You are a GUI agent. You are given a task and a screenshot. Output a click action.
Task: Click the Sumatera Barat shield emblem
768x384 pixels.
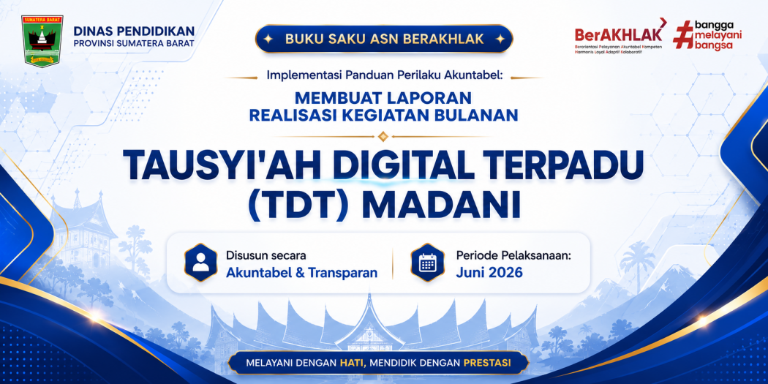(x=42, y=41)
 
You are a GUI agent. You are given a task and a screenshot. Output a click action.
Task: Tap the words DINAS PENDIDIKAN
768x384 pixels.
(x=134, y=31)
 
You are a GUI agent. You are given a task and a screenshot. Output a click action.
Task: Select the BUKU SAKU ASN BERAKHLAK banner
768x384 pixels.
(x=384, y=39)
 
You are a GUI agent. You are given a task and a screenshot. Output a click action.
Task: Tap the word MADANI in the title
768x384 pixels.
(x=444, y=207)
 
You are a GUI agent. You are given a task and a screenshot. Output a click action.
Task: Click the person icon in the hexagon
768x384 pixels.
(x=201, y=263)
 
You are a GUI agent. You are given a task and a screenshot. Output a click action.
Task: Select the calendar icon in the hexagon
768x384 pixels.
(x=427, y=263)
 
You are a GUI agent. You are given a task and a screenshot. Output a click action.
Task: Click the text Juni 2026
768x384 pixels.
(x=489, y=273)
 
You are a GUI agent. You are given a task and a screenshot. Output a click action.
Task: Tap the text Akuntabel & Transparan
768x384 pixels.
(x=301, y=273)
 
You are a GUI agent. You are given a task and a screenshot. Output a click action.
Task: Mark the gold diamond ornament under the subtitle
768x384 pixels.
(x=383, y=135)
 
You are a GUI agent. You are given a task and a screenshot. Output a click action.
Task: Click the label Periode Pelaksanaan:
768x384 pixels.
(x=513, y=256)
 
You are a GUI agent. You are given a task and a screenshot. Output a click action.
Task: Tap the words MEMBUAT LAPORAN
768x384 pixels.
(x=383, y=97)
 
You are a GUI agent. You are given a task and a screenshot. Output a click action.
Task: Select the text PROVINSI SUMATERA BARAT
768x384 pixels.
(x=134, y=43)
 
